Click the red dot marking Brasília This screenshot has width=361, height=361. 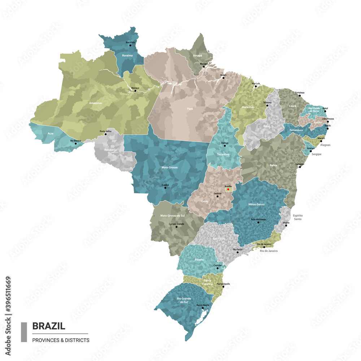(x=228, y=189)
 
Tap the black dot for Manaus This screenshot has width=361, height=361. (x=135, y=91)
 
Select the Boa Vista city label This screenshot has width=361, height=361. (x=130, y=43)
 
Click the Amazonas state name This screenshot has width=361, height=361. (x=96, y=103)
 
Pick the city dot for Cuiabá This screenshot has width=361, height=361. (x=165, y=188)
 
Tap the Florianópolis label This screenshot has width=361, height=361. (x=223, y=284)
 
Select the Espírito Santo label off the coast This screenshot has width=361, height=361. (x=298, y=217)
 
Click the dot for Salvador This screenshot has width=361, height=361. (x=300, y=167)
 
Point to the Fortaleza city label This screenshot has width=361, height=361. (x=299, y=93)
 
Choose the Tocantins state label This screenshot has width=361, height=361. (x=223, y=155)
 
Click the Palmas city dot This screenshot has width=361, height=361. (x=225, y=146)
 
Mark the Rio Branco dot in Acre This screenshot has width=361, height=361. (x=76, y=143)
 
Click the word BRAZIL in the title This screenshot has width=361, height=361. (x=49, y=326)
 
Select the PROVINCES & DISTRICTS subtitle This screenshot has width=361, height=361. (x=61, y=340)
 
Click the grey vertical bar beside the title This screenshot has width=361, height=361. (x=24, y=332)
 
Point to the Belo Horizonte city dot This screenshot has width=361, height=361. (x=258, y=222)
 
